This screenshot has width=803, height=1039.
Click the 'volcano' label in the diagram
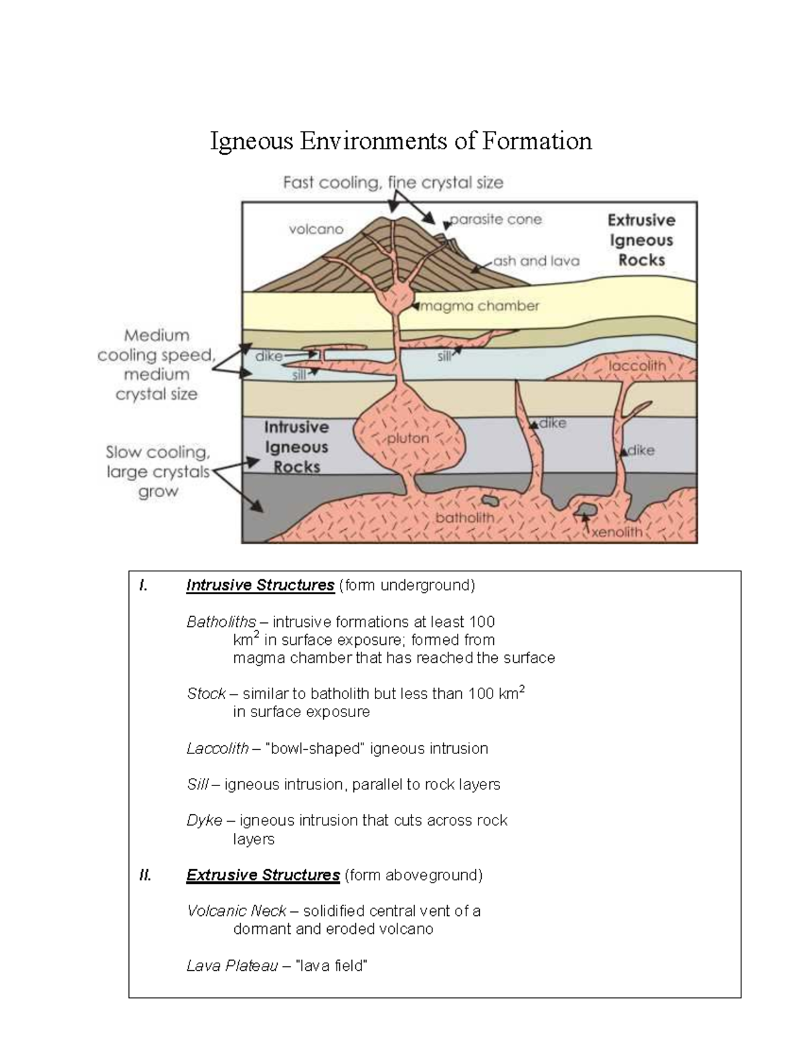316,229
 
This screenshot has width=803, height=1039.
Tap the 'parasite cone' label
496,219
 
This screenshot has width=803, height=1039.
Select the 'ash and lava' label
536,261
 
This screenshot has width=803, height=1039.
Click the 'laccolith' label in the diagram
637,366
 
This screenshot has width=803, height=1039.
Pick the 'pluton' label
408,439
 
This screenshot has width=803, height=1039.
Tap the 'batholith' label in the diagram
465,518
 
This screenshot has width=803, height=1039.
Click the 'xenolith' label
616,533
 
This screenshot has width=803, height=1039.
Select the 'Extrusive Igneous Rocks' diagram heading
641,240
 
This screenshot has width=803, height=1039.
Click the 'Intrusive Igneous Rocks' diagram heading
296,447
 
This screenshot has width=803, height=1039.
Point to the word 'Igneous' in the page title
252,141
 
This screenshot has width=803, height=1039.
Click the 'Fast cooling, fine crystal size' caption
393,183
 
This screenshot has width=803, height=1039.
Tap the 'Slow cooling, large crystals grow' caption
158,472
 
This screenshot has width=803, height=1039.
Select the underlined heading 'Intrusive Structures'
260,585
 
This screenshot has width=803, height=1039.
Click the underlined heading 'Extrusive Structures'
263,875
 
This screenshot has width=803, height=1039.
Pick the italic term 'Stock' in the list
205,694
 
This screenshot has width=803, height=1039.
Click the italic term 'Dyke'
204,820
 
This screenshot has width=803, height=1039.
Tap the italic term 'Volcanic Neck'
236,911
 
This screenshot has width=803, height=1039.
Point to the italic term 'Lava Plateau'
232,966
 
